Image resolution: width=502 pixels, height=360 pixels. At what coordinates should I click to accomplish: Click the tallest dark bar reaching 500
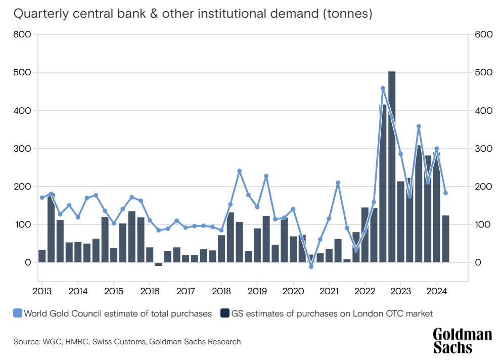click(x=392, y=167)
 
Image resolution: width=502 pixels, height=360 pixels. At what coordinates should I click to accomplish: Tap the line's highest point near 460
click(x=383, y=88)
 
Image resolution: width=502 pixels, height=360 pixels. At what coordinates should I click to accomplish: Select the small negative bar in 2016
click(x=159, y=264)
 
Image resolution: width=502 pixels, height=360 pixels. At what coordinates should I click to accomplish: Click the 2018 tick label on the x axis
click(x=221, y=292)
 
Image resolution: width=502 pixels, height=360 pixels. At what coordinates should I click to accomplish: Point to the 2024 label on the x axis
click(x=436, y=292)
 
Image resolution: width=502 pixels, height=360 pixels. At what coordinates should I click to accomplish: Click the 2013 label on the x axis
click(x=42, y=292)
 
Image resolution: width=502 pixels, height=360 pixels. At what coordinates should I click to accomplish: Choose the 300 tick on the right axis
click(x=483, y=149)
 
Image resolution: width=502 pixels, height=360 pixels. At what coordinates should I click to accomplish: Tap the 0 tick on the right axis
click(x=478, y=262)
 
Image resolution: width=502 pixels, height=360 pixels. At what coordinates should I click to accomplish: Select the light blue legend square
click(x=18, y=313)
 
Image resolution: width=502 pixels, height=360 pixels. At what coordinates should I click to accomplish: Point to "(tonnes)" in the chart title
click(x=348, y=14)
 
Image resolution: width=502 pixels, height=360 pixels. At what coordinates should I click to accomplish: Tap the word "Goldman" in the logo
click(x=462, y=335)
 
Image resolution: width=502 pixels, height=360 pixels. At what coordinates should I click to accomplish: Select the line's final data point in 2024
click(x=445, y=193)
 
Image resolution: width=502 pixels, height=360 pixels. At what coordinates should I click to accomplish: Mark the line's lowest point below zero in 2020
click(x=311, y=267)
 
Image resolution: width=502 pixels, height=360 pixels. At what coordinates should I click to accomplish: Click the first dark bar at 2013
click(x=42, y=256)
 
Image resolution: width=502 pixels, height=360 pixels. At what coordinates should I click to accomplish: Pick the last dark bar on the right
click(x=445, y=239)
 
